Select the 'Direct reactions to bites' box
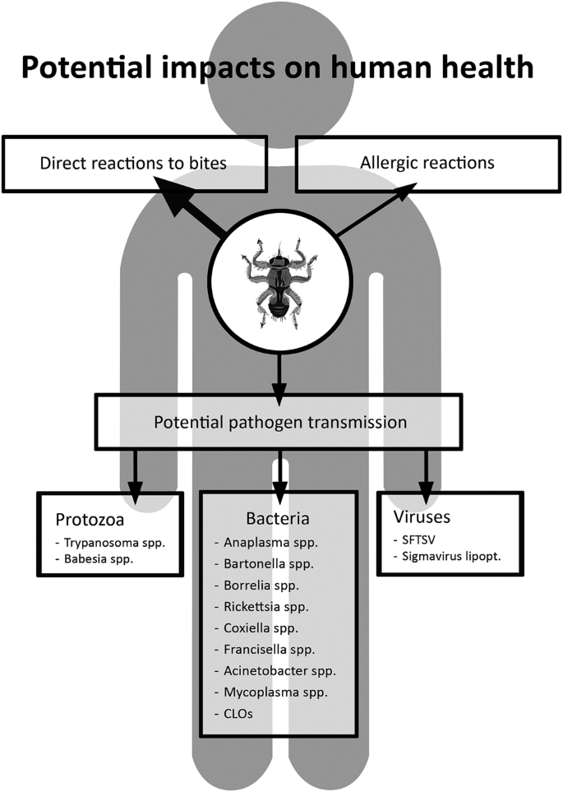click(133, 162)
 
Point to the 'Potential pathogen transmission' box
click(280, 424)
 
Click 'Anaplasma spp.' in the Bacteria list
click(267, 544)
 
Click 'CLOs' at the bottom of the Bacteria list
click(239, 714)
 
